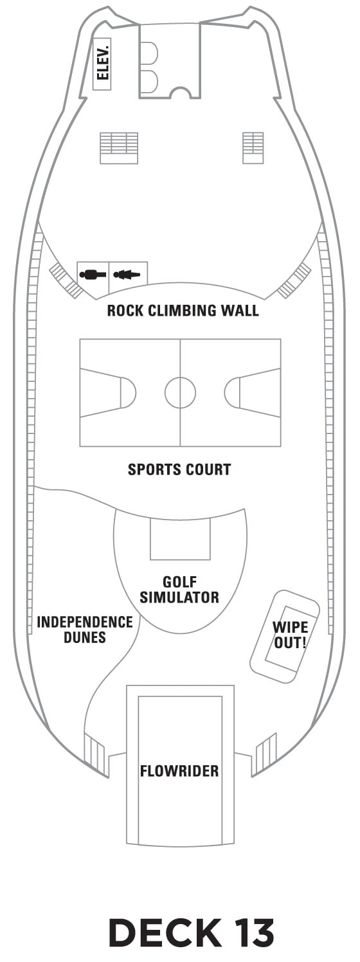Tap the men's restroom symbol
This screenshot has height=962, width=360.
93,273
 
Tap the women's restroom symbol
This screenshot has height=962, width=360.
127,273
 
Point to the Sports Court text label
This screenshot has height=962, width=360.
179,469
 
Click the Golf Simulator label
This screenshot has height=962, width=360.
179,589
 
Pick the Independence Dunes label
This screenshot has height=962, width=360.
85,629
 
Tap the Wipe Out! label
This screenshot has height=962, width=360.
291,635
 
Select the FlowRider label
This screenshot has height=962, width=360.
179,771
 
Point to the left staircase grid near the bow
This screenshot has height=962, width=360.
119,148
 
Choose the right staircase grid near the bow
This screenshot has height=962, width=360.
253,148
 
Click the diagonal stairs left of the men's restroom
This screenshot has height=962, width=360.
66,281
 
